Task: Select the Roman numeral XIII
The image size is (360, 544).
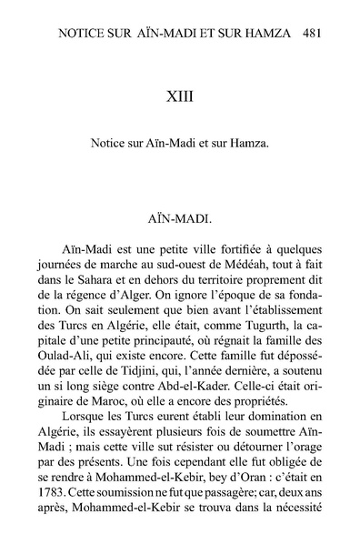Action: pos(180,95)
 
